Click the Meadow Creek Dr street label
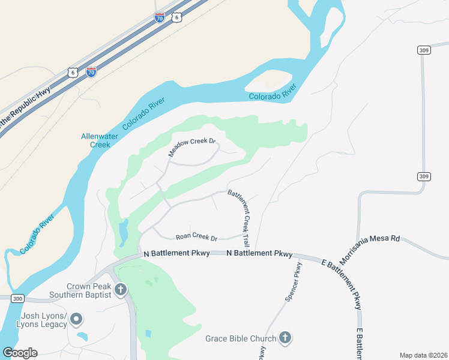pyautogui.click(x=191, y=147)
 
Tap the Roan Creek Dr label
pyautogui.click(x=196, y=238)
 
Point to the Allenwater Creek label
pyautogui.click(x=96, y=140)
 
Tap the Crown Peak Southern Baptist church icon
pyautogui.click(x=120, y=290)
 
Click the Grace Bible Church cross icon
pyautogui.click(x=285, y=338)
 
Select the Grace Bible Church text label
pyautogui.click(x=241, y=338)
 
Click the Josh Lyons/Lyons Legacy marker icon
pyautogui.click(x=76, y=319)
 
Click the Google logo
pyautogui.click(x=20, y=353)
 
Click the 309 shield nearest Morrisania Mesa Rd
pyautogui.click(x=424, y=176)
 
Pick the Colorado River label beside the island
pyautogui.click(x=273, y=94)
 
